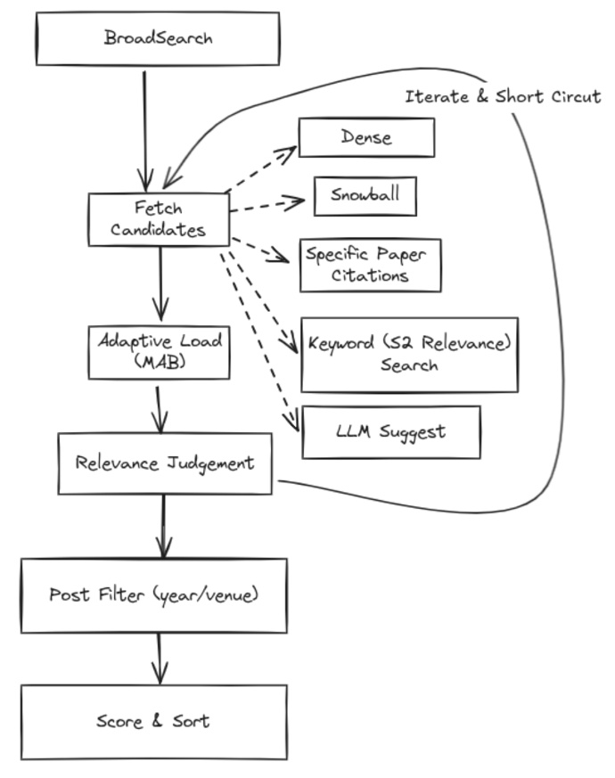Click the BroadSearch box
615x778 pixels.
click(157, 38)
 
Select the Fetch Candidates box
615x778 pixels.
click(159, 219)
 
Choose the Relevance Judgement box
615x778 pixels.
click(165, 463)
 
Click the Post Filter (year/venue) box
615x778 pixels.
click(154, 595)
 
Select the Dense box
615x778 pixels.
click(366, 137)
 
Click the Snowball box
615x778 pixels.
click(365, 196)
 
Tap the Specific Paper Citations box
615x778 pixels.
click(369, 265)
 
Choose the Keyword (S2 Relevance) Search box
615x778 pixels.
click(409, 354)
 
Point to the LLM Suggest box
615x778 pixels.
click(391, 432)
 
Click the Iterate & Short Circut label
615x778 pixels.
click(503, 97)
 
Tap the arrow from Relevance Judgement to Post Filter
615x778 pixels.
click(163, 526)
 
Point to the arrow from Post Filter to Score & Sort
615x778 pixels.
click(160, 658)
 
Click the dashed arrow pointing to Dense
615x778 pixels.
click(263, 168)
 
